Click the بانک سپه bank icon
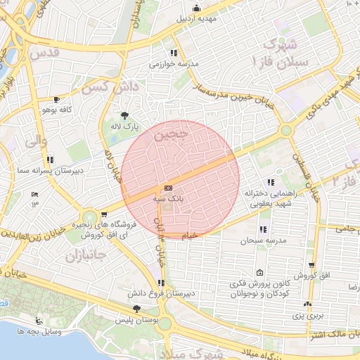tap(168, 188)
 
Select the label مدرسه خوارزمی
tap(174, 63)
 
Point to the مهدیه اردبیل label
tap(197, 18)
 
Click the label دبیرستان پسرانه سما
tap(51, 170)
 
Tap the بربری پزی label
tap(307, 316)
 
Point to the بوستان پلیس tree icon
tap(136, 309)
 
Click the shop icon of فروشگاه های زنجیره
tap(104, 214)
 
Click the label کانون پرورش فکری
tap(261, 283)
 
